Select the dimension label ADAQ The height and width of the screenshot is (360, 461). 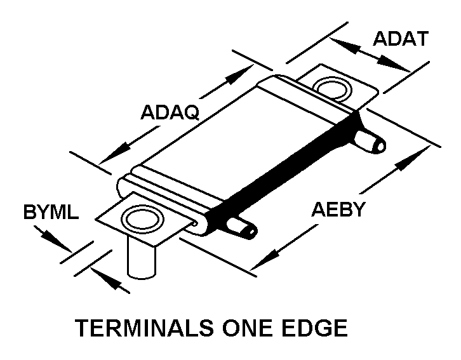coord(170,112)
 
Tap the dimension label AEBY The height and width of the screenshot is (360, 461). coord(338,208)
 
